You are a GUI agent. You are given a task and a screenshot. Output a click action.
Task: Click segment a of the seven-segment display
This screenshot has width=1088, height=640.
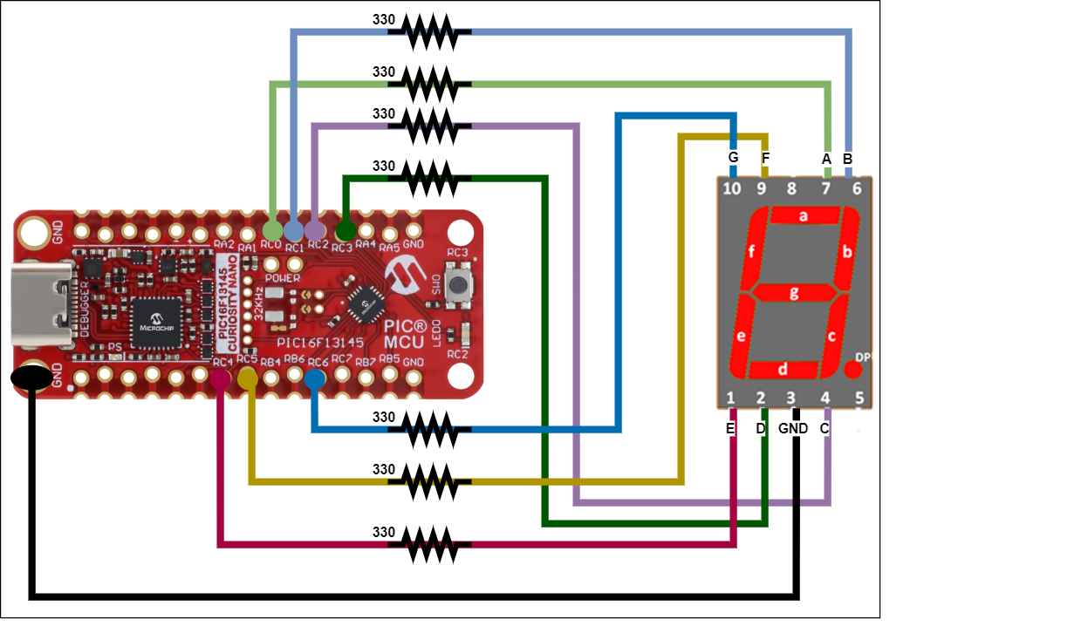[804, 215]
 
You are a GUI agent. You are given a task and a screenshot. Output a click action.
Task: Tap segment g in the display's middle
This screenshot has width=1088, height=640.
[793, 293]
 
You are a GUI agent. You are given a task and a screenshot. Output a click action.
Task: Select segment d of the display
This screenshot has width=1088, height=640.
[783, 369]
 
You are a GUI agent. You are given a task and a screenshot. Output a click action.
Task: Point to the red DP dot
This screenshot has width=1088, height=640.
[853, 369]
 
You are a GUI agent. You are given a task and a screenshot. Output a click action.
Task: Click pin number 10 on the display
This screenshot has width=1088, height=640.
[731, 188]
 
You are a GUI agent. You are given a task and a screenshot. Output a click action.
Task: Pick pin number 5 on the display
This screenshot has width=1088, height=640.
[859, 398]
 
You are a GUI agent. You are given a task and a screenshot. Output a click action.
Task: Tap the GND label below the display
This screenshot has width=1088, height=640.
[793, 429]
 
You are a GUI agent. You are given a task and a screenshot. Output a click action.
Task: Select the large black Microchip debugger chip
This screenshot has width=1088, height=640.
[156, 323]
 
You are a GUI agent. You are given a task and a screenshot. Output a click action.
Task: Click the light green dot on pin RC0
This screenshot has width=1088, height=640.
[272, 231]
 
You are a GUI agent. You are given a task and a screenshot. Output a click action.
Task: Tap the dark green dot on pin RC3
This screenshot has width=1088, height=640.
[346, 231]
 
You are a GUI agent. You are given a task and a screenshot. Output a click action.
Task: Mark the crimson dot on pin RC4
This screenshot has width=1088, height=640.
[220, 378]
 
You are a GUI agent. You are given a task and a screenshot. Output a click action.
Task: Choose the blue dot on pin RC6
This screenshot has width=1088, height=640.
[315, 378]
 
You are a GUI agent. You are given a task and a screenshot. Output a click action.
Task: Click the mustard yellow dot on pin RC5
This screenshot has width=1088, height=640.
[248, 378]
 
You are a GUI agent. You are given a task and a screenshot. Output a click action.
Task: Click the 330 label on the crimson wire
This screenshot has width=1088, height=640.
[384, 532]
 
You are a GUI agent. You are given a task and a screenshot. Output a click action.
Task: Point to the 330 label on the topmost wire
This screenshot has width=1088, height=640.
[384, 19]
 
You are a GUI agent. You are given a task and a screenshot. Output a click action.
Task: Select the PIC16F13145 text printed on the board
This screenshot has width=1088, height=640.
[320, 343]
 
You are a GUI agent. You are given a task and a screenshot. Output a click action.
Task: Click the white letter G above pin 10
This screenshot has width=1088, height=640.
[733, 158]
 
